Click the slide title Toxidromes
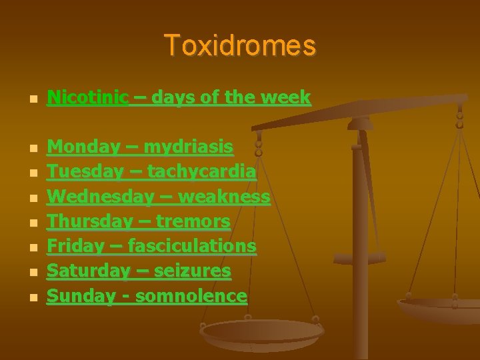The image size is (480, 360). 240,46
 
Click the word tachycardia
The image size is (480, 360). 201,171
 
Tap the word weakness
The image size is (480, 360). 225,197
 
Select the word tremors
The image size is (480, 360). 196,221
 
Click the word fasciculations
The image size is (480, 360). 191,246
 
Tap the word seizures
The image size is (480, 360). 194,271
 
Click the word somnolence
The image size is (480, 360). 191,296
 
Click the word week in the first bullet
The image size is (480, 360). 286,97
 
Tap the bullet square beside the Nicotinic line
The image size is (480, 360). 25,99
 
